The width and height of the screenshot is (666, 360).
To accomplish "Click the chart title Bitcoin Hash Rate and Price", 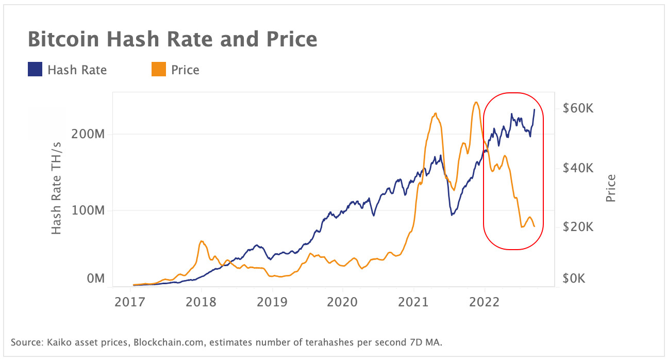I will [x=172, y=39].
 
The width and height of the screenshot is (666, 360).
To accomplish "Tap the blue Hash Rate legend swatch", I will [x=35, y=69].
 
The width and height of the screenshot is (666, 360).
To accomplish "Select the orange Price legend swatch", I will [x=159, y=69].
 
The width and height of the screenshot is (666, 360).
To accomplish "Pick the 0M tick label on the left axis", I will [x=95, y=279].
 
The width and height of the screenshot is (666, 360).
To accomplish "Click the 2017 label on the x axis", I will [x=130, y=301].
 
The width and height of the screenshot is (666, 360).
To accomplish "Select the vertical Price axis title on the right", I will [x=611, y=188].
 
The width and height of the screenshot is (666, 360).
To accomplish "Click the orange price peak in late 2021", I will [x=476, y=102].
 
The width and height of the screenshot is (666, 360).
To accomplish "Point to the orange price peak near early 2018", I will [x=201, y=241].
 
